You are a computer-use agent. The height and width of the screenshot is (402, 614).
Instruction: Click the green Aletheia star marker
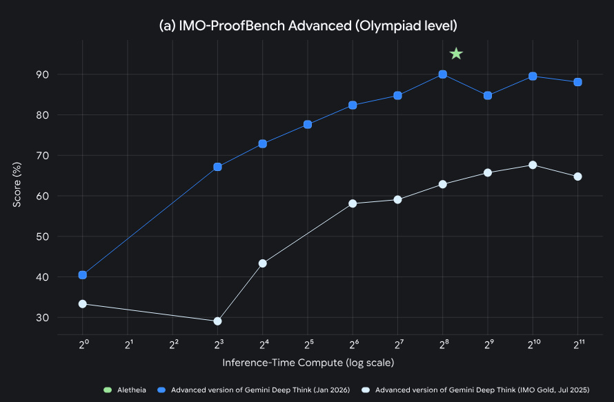tap(456, 54)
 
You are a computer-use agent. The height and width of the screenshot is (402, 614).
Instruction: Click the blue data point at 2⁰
tap(83, 275)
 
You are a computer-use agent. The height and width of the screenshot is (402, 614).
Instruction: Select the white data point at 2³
tap(218, 321)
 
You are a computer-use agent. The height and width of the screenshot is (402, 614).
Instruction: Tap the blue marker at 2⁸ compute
tap(443, 74)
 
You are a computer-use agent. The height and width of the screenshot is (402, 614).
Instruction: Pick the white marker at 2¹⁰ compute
tap(533, 165)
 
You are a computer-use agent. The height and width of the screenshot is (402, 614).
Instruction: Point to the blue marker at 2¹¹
tap(577, 82)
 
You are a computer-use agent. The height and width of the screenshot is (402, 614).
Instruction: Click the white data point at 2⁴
tap(263, 263)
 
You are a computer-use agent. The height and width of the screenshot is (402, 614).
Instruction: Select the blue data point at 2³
tap(218, 167)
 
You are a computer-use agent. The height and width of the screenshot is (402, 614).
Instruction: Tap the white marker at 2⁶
tap(353, 203)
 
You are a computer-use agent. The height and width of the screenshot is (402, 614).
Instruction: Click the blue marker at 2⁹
tap(488, 96)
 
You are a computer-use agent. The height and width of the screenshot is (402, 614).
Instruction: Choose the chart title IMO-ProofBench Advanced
tap(308, 26)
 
